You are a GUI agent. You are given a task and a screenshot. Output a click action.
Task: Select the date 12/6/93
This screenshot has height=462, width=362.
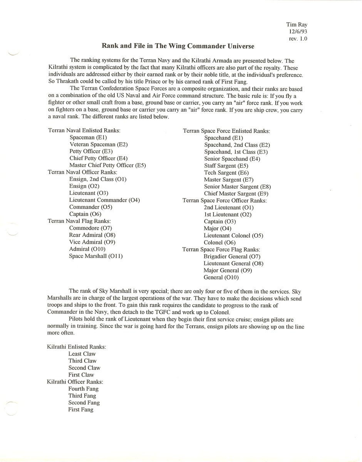coord(298,32)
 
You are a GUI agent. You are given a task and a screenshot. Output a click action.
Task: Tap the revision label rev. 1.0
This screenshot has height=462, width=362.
coord(298,39)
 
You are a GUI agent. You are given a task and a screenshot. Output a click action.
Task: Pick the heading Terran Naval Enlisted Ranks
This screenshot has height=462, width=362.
coord(84,131)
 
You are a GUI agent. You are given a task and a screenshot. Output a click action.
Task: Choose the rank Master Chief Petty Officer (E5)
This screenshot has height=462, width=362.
coord(107,165)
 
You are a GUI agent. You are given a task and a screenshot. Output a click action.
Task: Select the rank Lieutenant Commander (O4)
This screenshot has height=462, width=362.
coord(104,200)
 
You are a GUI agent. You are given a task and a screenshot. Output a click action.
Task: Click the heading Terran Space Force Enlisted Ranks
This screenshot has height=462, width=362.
coord(226,131)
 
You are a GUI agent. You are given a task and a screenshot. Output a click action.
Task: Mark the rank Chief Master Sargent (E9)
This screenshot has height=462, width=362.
coord(236,194)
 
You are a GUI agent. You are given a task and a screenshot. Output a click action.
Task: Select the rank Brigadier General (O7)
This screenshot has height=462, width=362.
coord(232,256)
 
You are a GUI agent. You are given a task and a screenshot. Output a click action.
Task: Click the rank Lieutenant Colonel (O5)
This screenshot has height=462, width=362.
coord(233,235)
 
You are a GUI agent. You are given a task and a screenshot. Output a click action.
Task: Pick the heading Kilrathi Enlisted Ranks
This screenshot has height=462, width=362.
coord(77,347)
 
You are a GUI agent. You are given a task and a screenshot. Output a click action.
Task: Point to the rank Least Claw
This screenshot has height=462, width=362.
coord(82,354)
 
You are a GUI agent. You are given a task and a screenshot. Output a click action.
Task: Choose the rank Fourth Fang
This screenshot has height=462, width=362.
coord(83,389)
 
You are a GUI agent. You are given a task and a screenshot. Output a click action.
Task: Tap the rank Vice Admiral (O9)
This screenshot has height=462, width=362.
coord(92,242)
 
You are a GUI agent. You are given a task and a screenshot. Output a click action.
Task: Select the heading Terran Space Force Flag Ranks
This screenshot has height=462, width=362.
coord(221,249)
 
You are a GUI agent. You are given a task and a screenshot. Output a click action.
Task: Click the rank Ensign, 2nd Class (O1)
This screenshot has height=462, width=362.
coord(98,179)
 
